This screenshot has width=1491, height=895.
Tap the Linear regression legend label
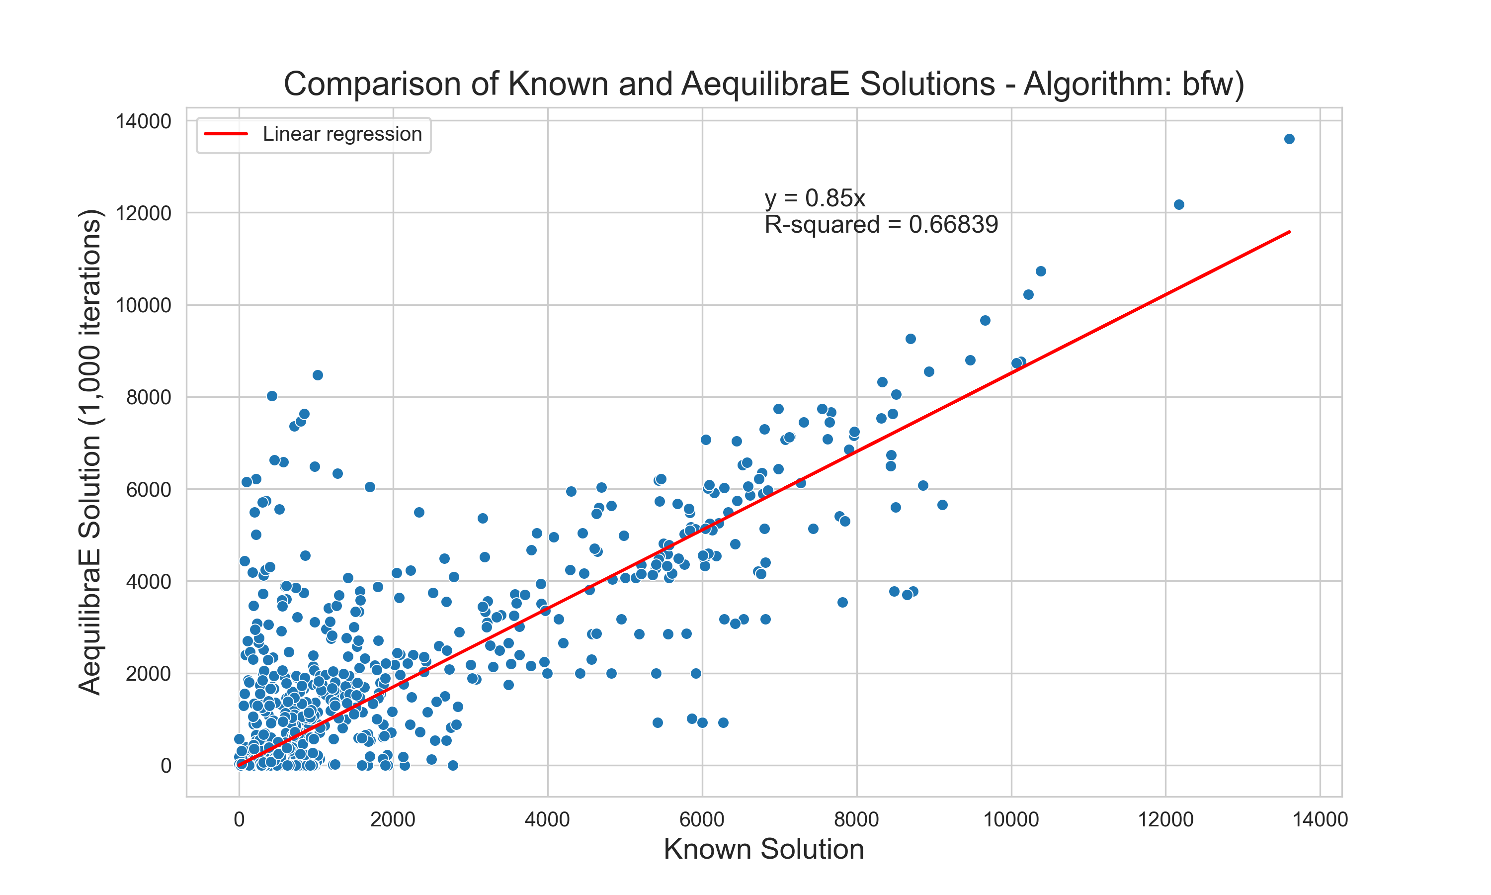[342, 134]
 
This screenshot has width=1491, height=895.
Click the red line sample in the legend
[226, 134]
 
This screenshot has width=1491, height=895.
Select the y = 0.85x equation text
[815, 198]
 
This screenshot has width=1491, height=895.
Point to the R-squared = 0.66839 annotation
[881, 224]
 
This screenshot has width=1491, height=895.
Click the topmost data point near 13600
[1289, 139]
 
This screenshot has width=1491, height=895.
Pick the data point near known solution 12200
[1179, 205]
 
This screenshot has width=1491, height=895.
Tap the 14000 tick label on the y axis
[144, 121]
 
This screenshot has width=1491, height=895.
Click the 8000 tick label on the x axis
[856, 819]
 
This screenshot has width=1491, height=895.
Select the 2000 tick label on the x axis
[393, 819]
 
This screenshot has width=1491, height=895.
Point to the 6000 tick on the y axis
[148, 490]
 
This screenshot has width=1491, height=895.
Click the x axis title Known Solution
[763, 849]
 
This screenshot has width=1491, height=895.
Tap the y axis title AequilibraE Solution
[90, 452]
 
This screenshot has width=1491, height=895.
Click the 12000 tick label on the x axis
[1165, 819]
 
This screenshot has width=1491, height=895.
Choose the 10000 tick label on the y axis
[144, 305]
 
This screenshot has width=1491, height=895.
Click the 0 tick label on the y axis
[166, 766]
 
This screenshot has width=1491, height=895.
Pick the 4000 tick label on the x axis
[547, 819]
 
